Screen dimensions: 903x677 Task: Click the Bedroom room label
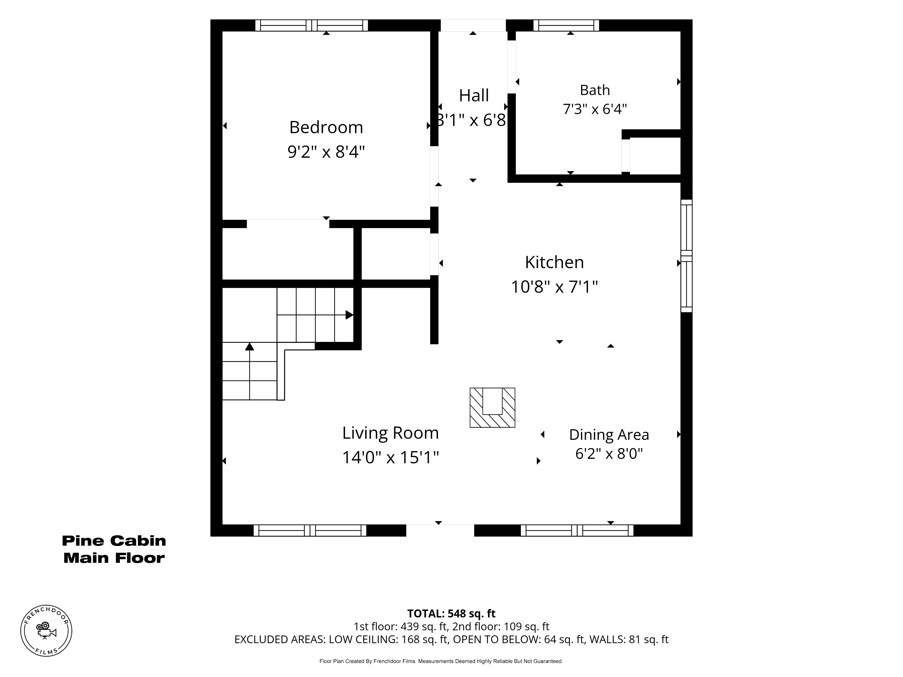326,127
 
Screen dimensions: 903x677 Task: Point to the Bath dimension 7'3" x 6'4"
595,109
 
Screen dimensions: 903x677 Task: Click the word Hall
474,95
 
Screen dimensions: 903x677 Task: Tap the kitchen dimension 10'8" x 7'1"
554,287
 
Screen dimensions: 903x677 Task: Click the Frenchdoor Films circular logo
46,631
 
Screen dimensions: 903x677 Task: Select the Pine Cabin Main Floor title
114,549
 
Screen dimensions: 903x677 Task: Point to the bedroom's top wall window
312,25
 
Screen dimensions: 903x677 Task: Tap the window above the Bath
566,25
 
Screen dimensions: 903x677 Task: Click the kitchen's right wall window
687,256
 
